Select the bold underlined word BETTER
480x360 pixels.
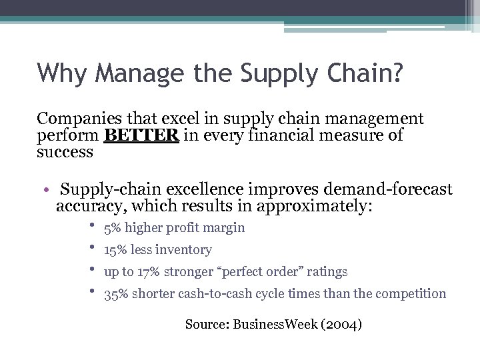(141, 135)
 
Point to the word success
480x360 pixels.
(65, 152)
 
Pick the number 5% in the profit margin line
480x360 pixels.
(113, 228)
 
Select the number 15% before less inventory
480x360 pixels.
(116, 250)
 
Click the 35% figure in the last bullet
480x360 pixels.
(117, 294)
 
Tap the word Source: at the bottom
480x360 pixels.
(207, 325)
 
